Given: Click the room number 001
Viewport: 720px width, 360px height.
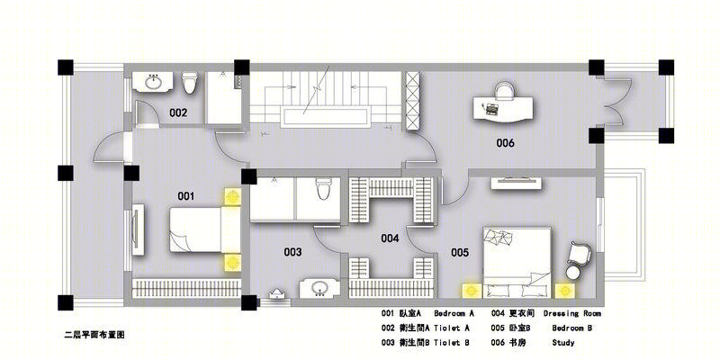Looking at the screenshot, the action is (x=186, y=196).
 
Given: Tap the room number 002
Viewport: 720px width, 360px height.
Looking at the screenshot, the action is (x=178, y=112).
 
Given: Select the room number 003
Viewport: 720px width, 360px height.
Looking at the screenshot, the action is (x=292, y=252).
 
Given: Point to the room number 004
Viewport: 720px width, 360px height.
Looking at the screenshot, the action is (x=390, y=238).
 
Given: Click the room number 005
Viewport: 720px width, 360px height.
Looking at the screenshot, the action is (x=460, y=253).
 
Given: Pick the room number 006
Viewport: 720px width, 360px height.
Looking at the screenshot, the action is (x=505, y=143).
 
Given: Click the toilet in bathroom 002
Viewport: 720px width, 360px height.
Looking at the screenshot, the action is (x=189, y=83).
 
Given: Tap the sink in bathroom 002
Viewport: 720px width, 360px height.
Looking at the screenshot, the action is (x=153, y=82).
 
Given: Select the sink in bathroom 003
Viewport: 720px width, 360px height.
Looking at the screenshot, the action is (x=319, y=288).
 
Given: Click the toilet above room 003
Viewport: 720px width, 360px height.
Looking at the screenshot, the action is (x=323, y=189).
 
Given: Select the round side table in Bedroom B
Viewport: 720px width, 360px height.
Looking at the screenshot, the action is (x=572, y=273).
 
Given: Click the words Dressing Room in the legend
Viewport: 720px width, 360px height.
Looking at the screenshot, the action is (x=572, y=314).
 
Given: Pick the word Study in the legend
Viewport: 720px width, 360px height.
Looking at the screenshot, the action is (x=563, y=343).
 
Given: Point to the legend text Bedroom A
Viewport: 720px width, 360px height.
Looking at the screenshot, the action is (x=454, y=314).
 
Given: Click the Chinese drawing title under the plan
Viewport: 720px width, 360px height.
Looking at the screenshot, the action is (x=94, y=335).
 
